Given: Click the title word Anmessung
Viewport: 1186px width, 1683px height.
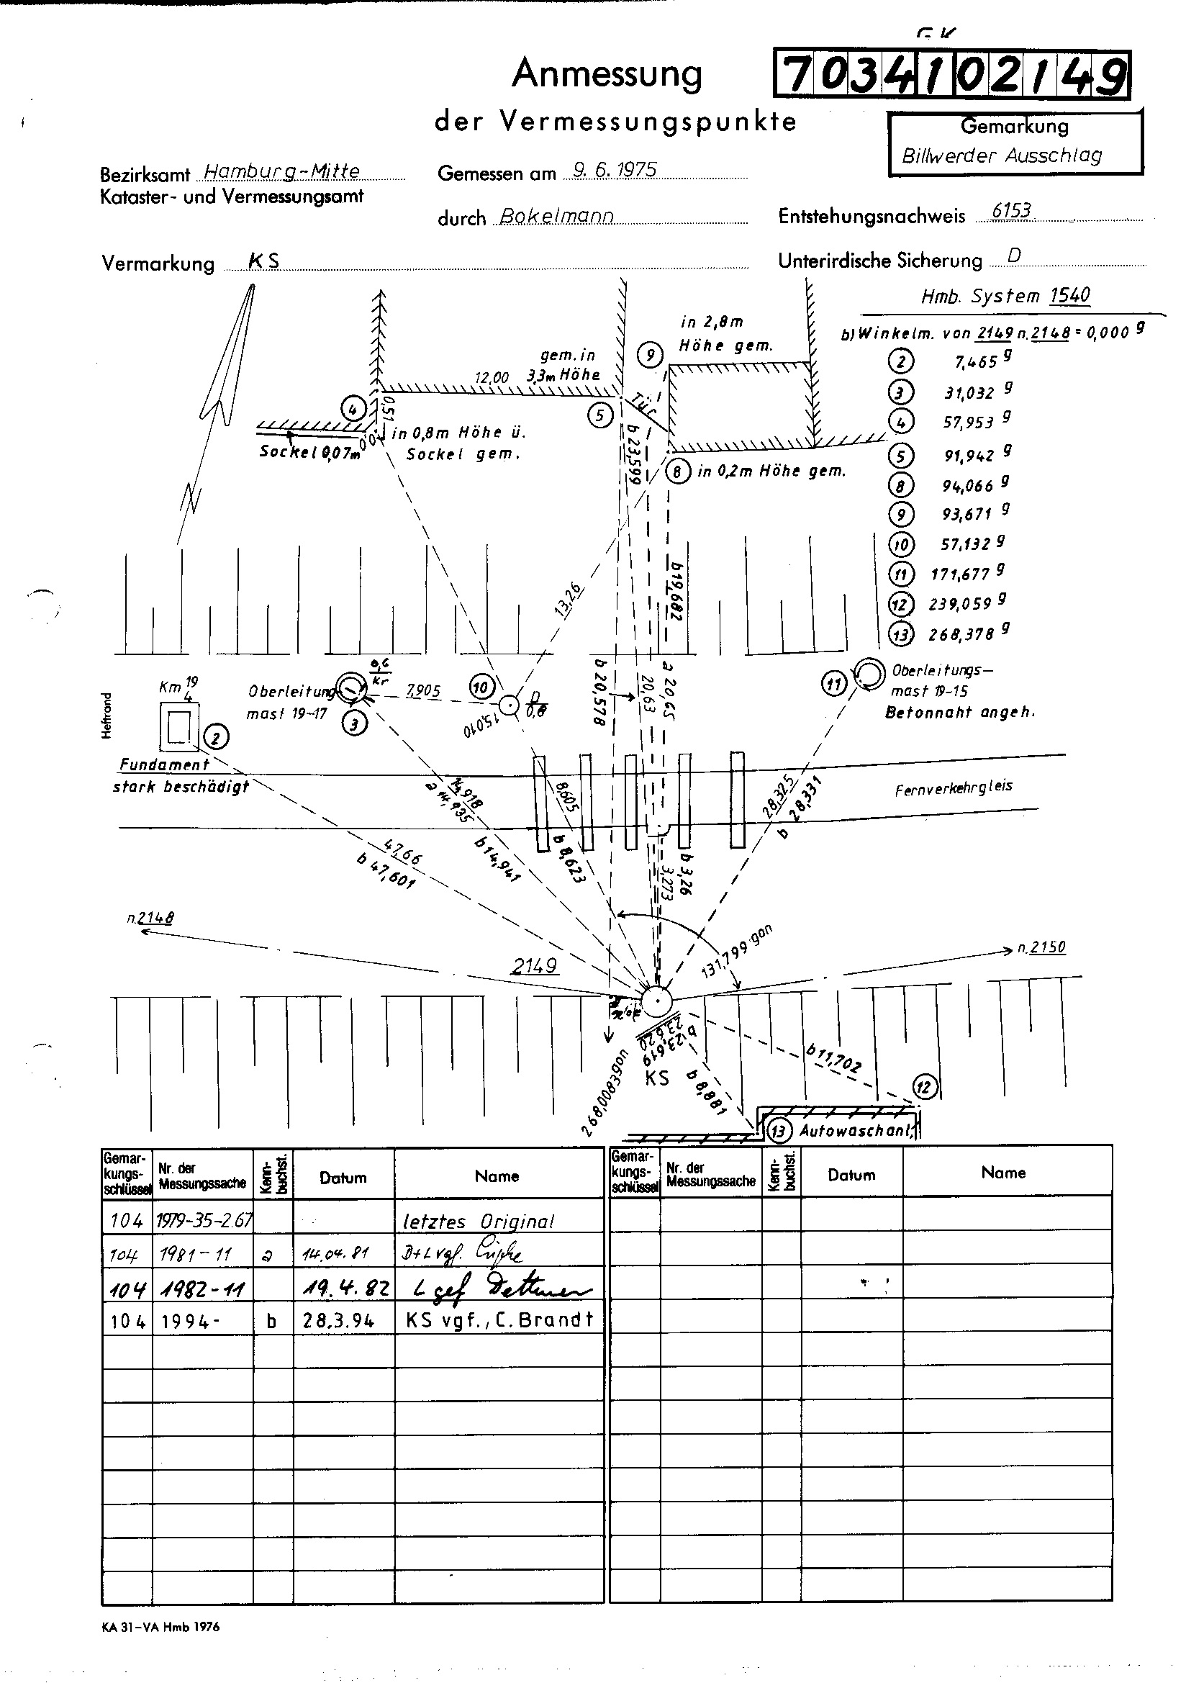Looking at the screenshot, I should pyautogui.click(x=607, y=73).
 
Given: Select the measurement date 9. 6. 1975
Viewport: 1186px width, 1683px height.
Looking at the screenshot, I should pyautogui.click(x=615, y=170).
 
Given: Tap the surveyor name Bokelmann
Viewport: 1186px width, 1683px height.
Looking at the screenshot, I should pyautogui.click(x=556, y=217).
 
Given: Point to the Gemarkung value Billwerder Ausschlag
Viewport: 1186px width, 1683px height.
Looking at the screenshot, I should pyautogui.click(x=1002, y=156).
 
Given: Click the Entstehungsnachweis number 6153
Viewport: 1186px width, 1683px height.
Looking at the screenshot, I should pyautogui.click(x=1011, y=212).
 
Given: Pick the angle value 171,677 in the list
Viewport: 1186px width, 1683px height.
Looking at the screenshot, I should pyautogui.click(x=960, y=574).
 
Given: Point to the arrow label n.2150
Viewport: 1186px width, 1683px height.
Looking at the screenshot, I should pyautogui.click(x=1041, y=948).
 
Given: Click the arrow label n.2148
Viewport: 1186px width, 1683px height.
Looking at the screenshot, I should pyautogui.click(x=150, y=918).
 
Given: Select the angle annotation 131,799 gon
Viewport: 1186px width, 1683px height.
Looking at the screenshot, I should pyautogui.click(x=737, y=953).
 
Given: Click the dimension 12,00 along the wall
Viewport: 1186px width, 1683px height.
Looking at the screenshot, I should pyautogui.click(x=492, y=378).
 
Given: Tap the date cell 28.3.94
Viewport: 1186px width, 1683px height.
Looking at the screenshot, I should pyautogui.click(x=339, y=1321).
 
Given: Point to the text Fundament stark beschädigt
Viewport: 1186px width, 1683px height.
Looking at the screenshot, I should pyautogui.click(x=181, y=775).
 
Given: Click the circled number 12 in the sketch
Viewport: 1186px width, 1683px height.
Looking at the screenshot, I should pyautogui.click(x=924, y=1086).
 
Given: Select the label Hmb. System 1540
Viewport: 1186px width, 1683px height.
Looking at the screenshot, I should pyautogui.click(x=1005, y=296).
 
